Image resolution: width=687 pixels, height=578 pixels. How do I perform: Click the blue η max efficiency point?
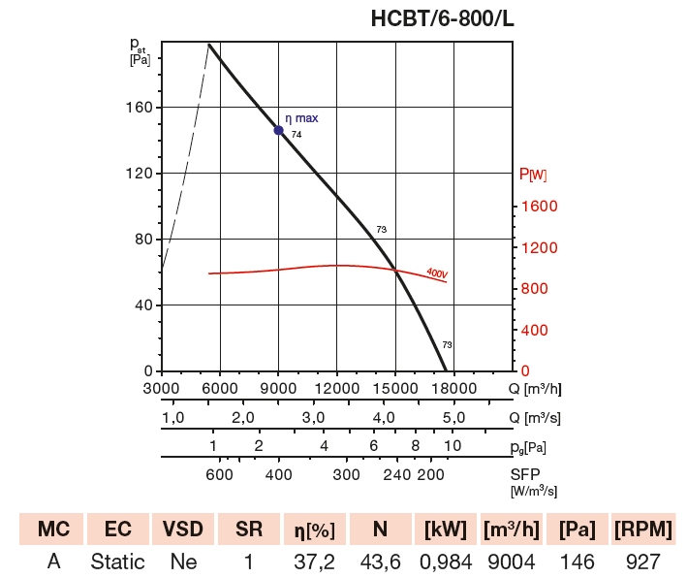click(279, 130)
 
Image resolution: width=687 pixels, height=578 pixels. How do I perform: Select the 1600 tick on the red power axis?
click(541, 207)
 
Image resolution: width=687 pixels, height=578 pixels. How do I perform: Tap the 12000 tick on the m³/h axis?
click(336, 389)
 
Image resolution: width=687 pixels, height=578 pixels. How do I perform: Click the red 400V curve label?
click(437, 273)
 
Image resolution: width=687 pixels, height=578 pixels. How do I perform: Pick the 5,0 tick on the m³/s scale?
click(454, 418)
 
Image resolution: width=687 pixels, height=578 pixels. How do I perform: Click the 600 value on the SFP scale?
click(220, 474)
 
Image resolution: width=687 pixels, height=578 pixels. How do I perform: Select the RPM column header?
click(643, 530)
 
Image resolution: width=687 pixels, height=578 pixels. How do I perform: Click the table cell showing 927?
click(643, 562)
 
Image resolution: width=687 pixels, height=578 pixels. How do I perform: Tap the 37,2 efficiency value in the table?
click(314, 562)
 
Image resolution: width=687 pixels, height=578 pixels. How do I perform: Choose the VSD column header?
click(183, 530)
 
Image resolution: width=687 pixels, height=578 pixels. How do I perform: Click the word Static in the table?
click(117, 562)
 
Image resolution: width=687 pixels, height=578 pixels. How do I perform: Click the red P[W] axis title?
click(533, 175)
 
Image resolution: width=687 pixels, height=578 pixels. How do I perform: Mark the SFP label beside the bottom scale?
click(526, 474)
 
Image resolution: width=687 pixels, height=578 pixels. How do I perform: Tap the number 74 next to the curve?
click(297, 135)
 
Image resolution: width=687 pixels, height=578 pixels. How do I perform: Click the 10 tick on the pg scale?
click(453, 446)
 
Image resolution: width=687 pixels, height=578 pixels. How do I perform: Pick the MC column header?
click(52, 530)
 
